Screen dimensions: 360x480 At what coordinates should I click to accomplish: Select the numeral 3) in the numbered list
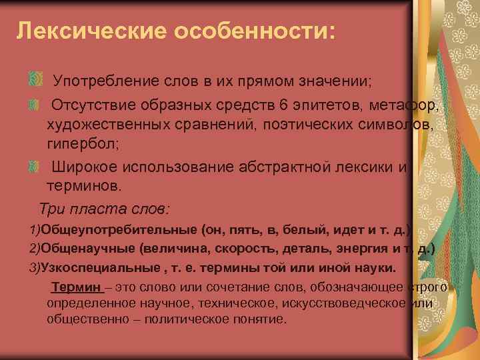pos(34,268)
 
